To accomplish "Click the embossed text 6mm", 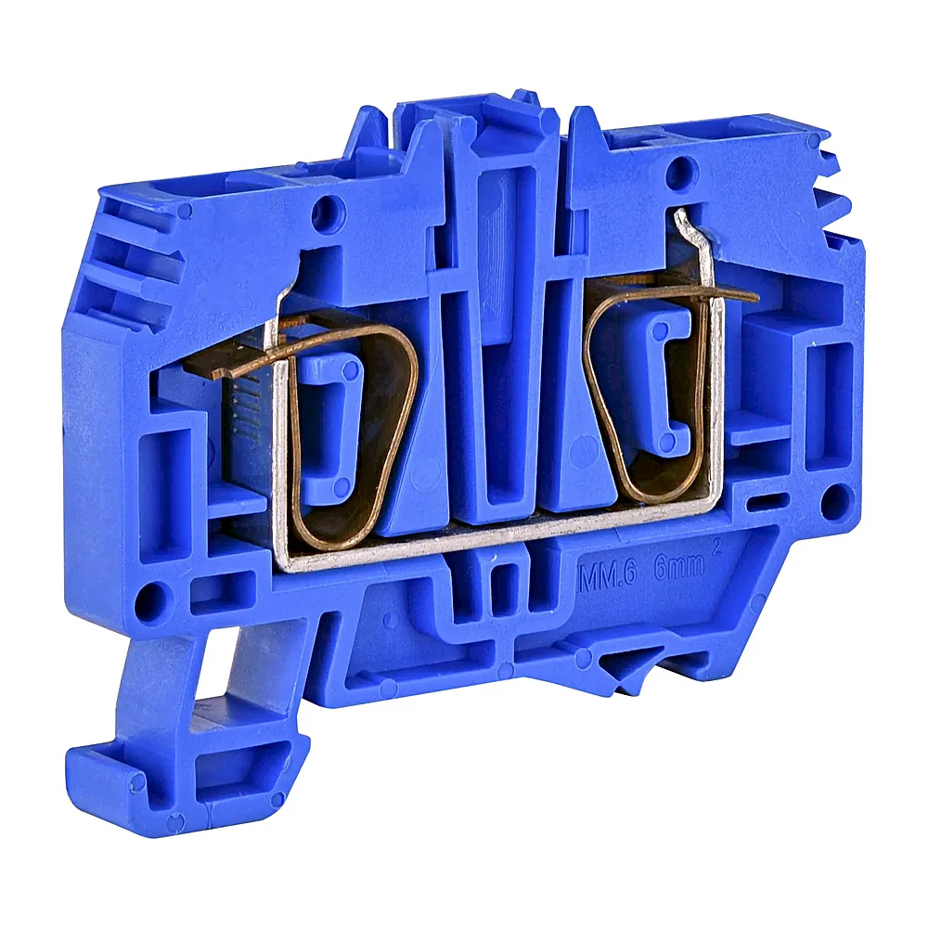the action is tap(678, 567).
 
